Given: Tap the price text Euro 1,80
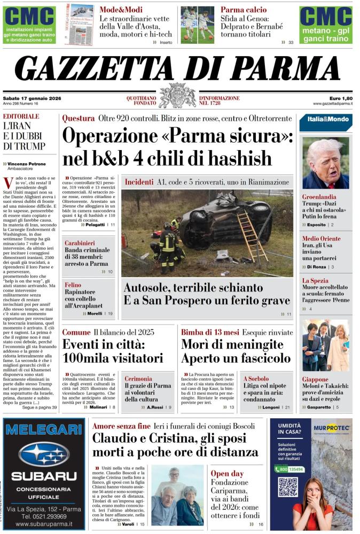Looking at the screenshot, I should [340, 98].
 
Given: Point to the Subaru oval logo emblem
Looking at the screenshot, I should [44, 454].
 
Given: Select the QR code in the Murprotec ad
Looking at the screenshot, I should [288, 487].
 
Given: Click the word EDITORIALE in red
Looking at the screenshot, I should [21, 116].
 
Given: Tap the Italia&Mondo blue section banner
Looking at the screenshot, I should [325, 122].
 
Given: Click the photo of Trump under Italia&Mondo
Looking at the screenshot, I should [325, 163].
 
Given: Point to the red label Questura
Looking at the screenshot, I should [78, 119].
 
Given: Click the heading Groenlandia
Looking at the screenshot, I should [319, 197].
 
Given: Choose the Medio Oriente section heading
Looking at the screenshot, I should [321, 239].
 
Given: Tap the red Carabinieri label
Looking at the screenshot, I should [80, 242].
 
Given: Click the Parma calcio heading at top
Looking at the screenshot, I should [244, 10].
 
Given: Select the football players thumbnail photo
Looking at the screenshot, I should [197, 25].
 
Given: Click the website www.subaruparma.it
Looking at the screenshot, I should [44, 524].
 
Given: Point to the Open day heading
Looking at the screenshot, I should [227, 473].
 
